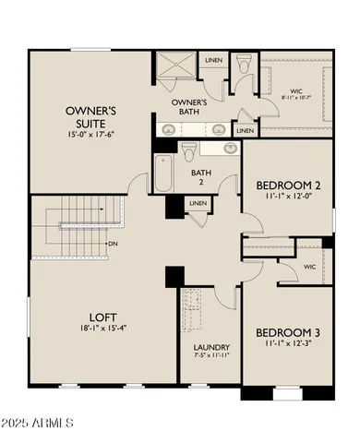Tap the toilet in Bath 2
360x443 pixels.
click(189, 150)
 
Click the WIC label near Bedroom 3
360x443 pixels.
click(311, 266)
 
